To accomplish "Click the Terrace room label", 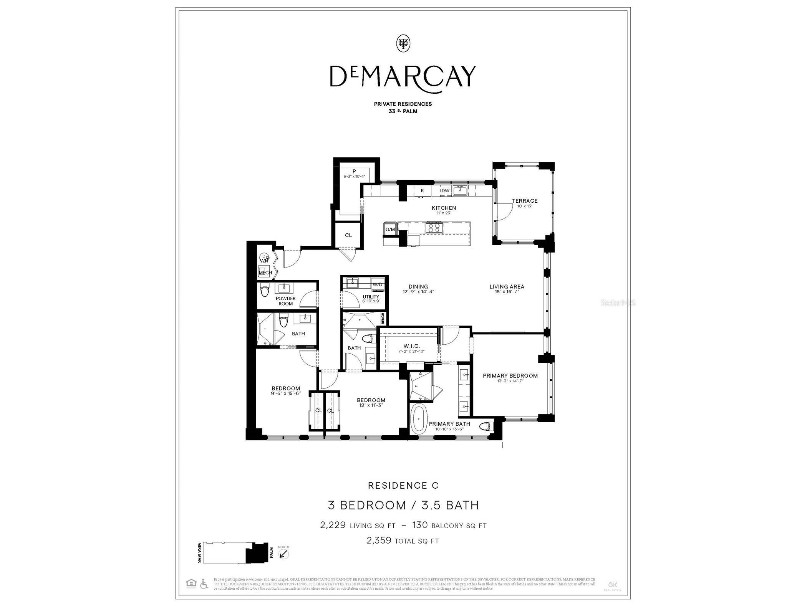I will point(524,201).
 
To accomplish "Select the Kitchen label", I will point(444,208).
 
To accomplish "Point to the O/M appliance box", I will point(390,229).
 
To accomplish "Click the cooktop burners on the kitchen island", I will point(434,228).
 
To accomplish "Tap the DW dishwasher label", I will point(445,191).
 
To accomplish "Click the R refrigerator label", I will point(422,191).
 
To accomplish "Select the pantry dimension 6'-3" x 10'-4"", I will point(354,177).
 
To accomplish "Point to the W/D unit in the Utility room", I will point(377,284).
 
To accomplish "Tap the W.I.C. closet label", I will point(411,346).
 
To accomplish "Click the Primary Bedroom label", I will point(510,375).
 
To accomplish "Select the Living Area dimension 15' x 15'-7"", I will point(507,292).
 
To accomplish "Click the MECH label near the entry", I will point(265,273).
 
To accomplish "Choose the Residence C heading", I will point(403,486).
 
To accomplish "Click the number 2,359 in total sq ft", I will point(379,541).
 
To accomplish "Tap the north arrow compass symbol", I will point(283,554).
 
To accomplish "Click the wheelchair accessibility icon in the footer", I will point(204,584).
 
